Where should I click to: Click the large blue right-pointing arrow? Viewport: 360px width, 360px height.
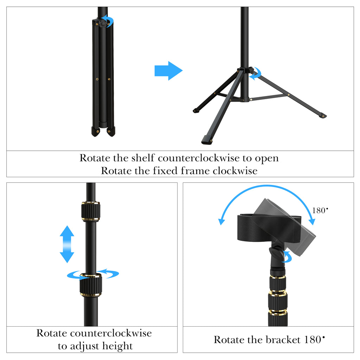tap(168, 71)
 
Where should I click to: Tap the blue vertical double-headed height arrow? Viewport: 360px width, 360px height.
tap(67, 244)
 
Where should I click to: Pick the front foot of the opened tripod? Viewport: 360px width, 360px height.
tap(207, 140)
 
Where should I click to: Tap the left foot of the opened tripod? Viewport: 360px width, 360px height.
tap(196, 110)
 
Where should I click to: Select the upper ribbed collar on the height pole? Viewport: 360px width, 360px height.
tap(91, 211)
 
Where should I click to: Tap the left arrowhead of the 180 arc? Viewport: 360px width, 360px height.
tap(221, 221)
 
